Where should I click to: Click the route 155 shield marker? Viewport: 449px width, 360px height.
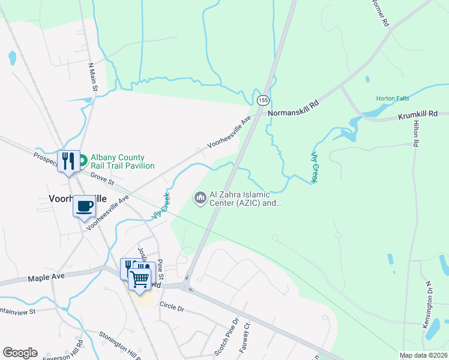point(264,100)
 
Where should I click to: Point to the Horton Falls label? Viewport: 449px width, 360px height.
point(393,98)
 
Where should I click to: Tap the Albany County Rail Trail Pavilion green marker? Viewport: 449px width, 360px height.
point(83,161)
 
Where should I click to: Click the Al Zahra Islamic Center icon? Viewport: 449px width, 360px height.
point(199,197)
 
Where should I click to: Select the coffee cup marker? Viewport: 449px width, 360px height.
point(84,207)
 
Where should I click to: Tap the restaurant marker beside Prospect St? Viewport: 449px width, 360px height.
point(68,161)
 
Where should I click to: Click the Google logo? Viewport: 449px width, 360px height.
point(20,353)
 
